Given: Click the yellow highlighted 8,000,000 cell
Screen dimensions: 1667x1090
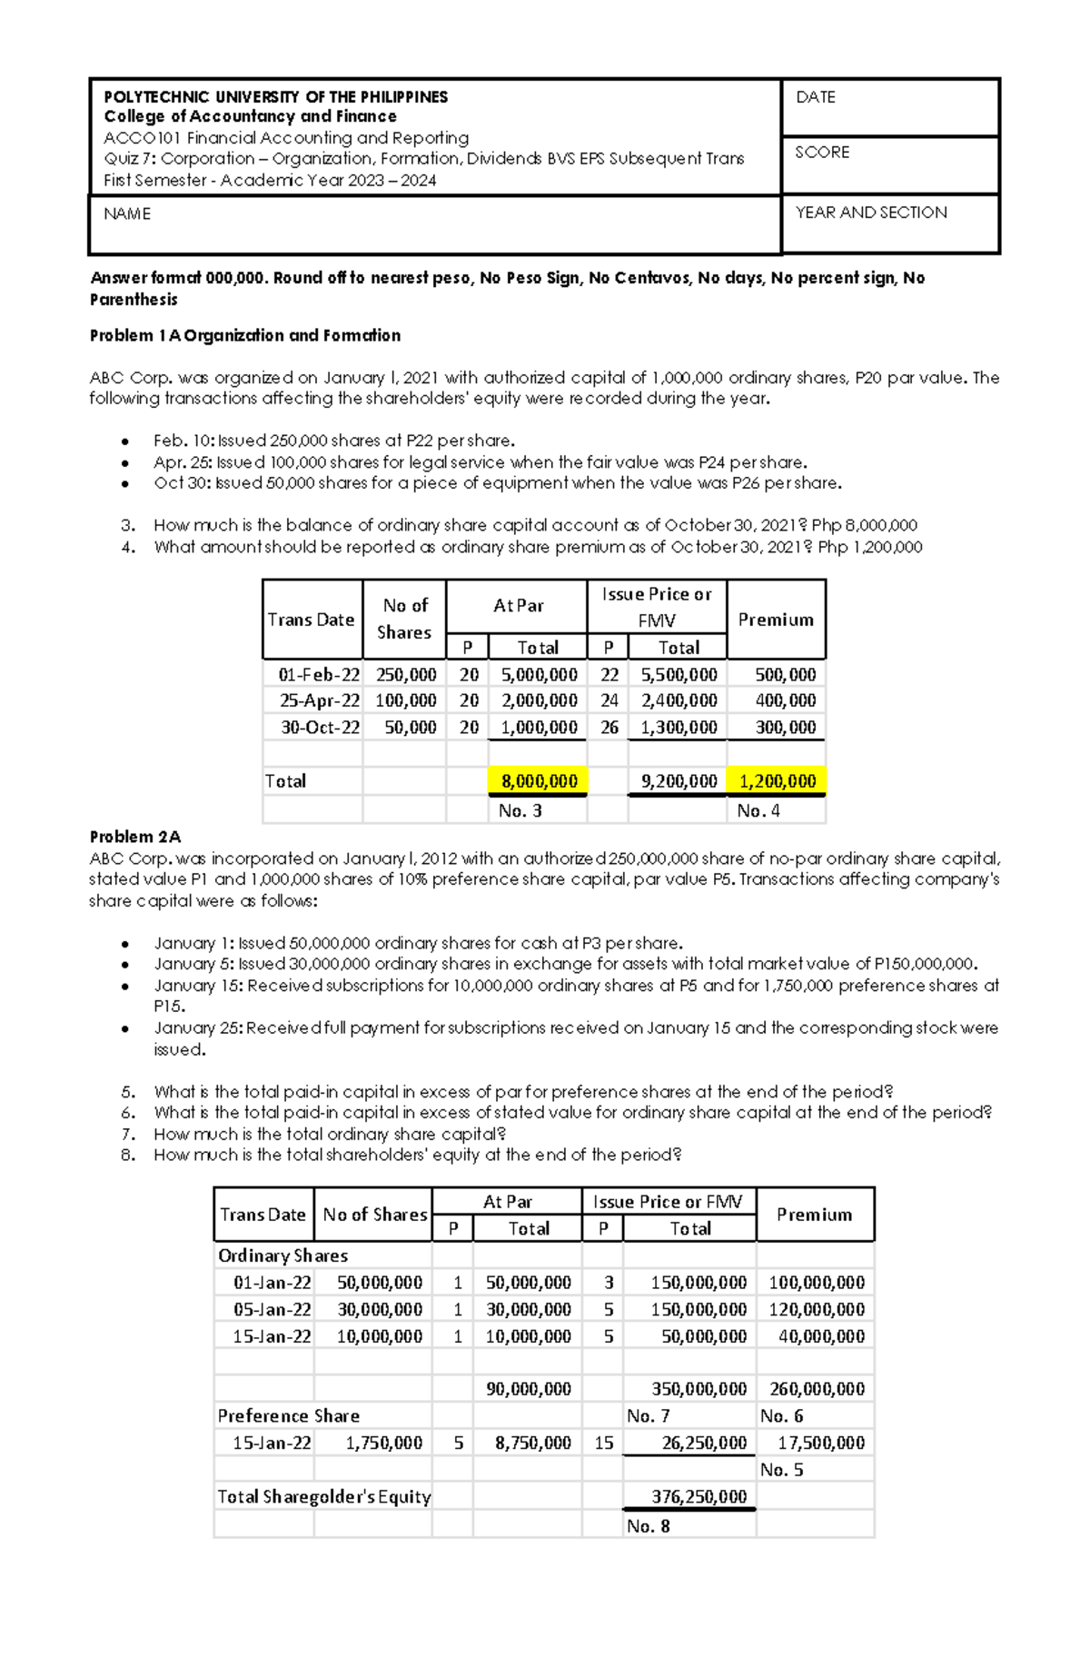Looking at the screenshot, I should [539, 781].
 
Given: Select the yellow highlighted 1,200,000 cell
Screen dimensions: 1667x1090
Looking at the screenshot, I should [778, 781].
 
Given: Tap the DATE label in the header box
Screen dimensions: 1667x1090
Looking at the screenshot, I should [815, 97].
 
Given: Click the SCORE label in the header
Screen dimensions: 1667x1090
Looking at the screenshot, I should [822, 153].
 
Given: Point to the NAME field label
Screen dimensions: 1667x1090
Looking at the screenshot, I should [127, 214].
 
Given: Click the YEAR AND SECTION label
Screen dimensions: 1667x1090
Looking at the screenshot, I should [870, 213].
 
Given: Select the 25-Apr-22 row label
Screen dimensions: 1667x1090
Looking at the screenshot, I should [319, 700].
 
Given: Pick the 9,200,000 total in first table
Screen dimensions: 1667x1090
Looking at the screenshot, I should [679, 781].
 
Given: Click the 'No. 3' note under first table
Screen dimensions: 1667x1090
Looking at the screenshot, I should [520, 810].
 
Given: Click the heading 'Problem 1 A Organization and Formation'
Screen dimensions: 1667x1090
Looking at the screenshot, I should [244, 335].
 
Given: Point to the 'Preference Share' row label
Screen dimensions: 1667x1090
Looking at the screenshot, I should [288, 1415].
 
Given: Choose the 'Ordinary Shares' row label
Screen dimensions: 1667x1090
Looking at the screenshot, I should [282, 1255].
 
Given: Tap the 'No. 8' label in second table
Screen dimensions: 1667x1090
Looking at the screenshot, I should [648, 1526].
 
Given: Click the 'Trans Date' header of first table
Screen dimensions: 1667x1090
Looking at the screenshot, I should [311, 620].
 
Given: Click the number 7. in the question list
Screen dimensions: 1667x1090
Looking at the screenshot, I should [128, 1134].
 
